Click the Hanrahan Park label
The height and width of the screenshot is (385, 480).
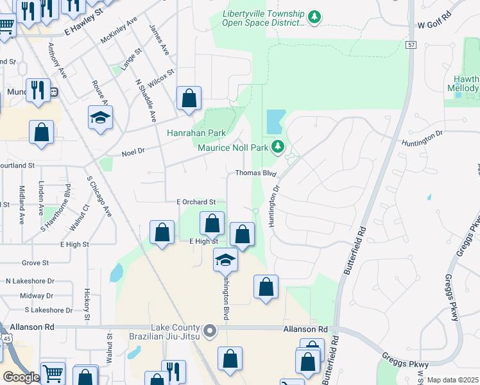(x=196, y=133)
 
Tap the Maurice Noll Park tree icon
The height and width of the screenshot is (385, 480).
(x=278, y=147)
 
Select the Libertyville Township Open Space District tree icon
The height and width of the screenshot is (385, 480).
(x=314, y=17)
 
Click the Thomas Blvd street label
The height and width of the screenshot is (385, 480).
(x=255, y=173)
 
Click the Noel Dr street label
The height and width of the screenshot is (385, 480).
(x=134, y=152)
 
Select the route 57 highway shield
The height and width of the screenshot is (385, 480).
(x=411, y=44)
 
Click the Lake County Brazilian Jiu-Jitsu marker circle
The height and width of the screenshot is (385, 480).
(x=210, y=332)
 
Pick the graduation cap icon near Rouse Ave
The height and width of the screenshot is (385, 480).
(x=100, y=117)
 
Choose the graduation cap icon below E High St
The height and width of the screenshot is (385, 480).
(x=225, y=259)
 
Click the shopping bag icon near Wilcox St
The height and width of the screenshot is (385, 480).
(x=189, y=99)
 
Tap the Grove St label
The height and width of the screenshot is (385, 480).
(x=35, y=263)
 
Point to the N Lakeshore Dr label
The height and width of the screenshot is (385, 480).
(x=30, y=281)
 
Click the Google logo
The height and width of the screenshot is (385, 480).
(x=21, y=377)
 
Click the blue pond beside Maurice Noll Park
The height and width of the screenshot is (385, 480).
(x=275, y=120)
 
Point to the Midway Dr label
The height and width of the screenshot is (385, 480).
(x=36, y=296)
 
